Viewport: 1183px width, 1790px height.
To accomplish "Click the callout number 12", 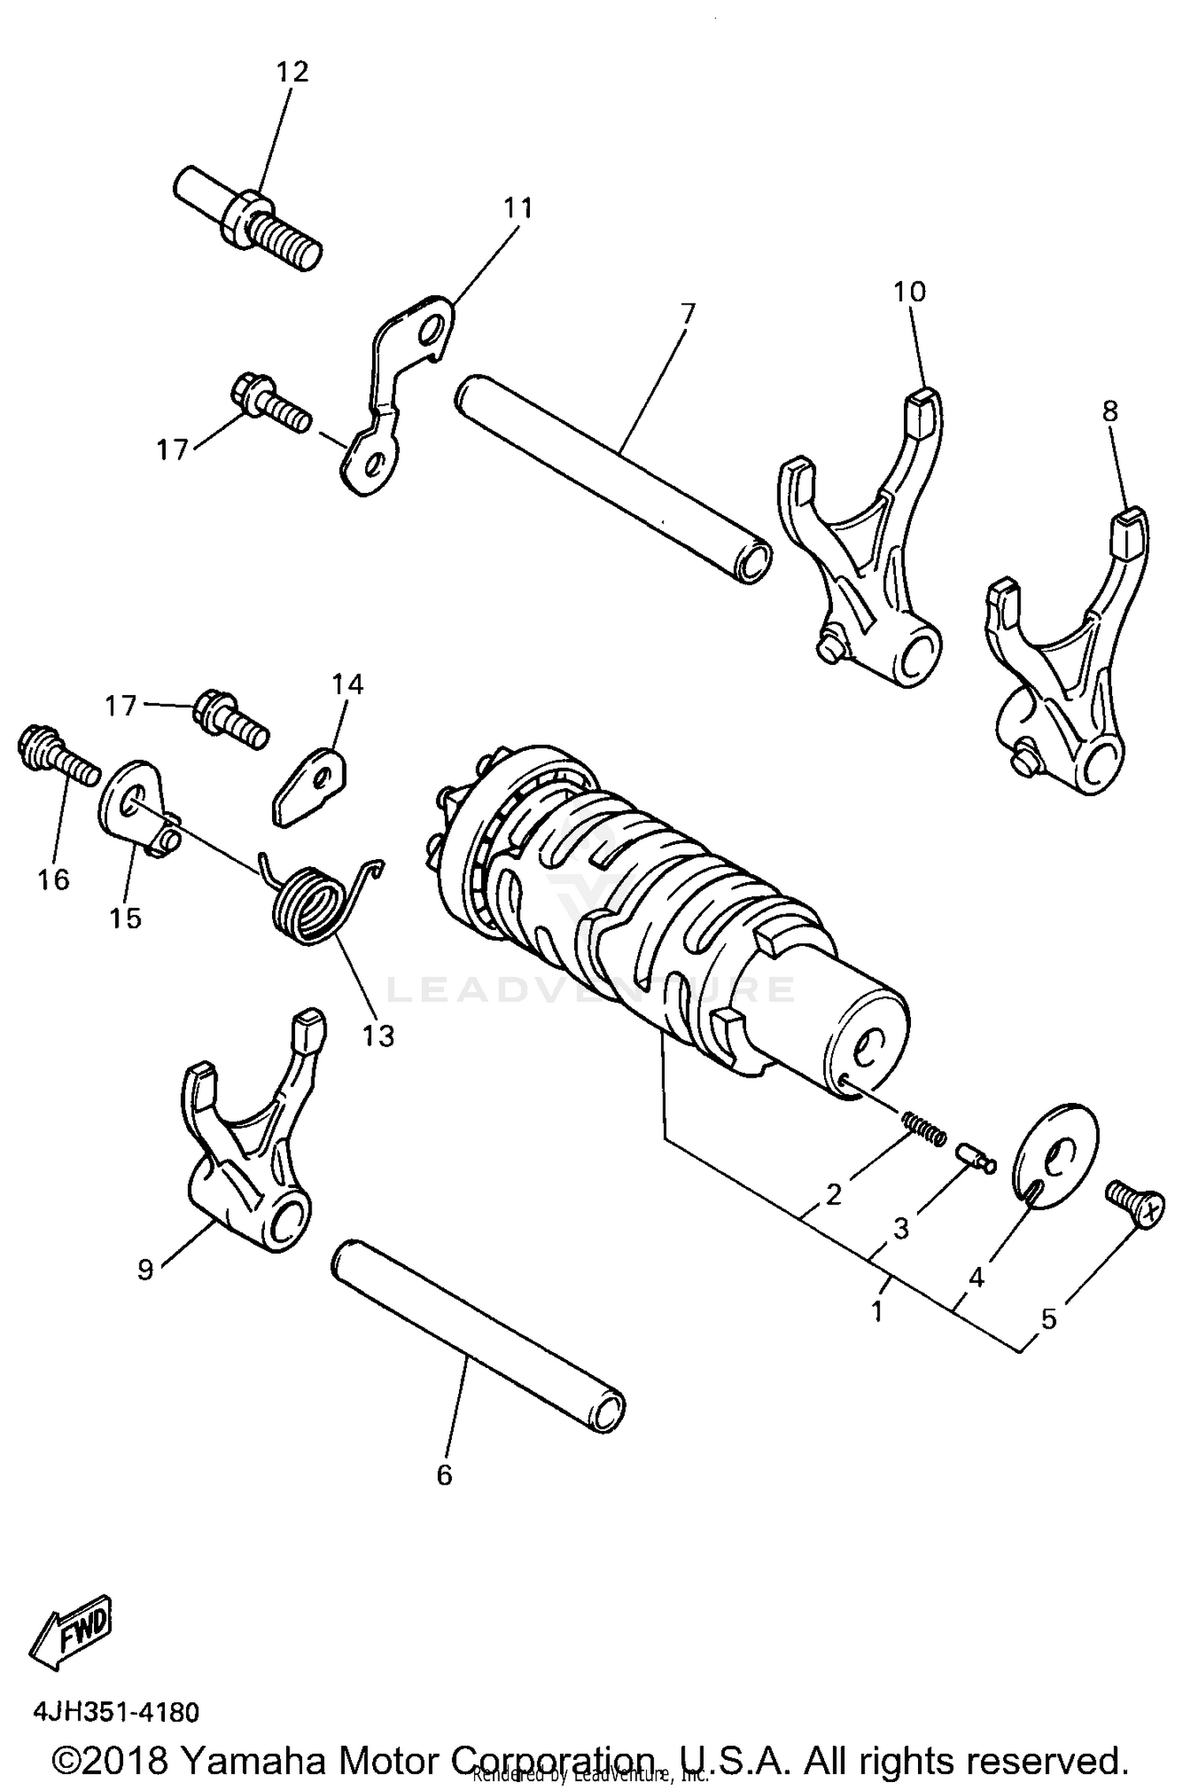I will pos(292,72).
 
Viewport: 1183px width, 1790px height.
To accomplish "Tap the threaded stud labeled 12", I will pos(247,218).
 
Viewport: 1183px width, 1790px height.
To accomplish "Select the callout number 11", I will pos(519,208).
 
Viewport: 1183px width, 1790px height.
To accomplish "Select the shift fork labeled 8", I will pos(1065,663).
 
